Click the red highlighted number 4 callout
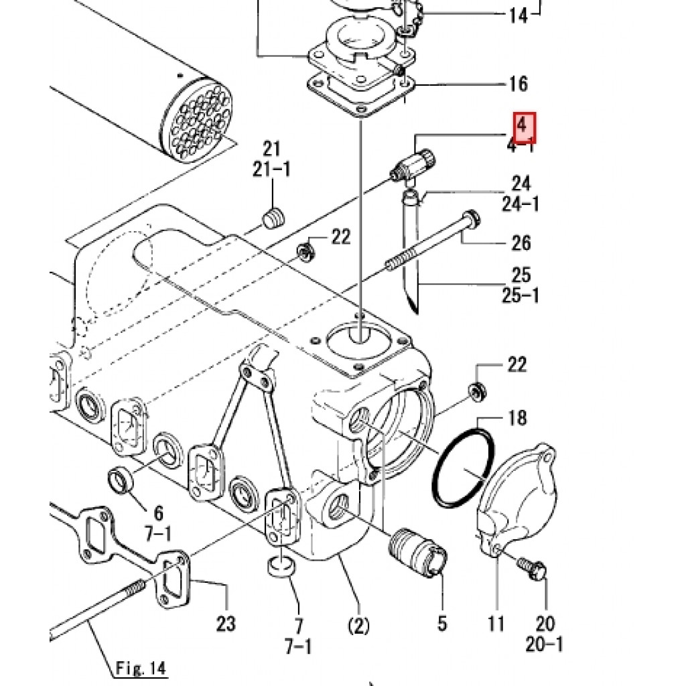(525, 126)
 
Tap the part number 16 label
(518, 84)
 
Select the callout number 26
(521, 243)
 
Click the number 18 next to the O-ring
(517, 419)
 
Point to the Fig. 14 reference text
(140, 668)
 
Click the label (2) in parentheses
(358, 626)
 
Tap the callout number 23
(226, 624)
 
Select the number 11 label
(496, 624)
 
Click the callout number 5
(442, 623)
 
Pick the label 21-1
(271, 169)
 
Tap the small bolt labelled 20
(533, 569)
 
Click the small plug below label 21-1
(273, 218)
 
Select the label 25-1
(520, 295)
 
